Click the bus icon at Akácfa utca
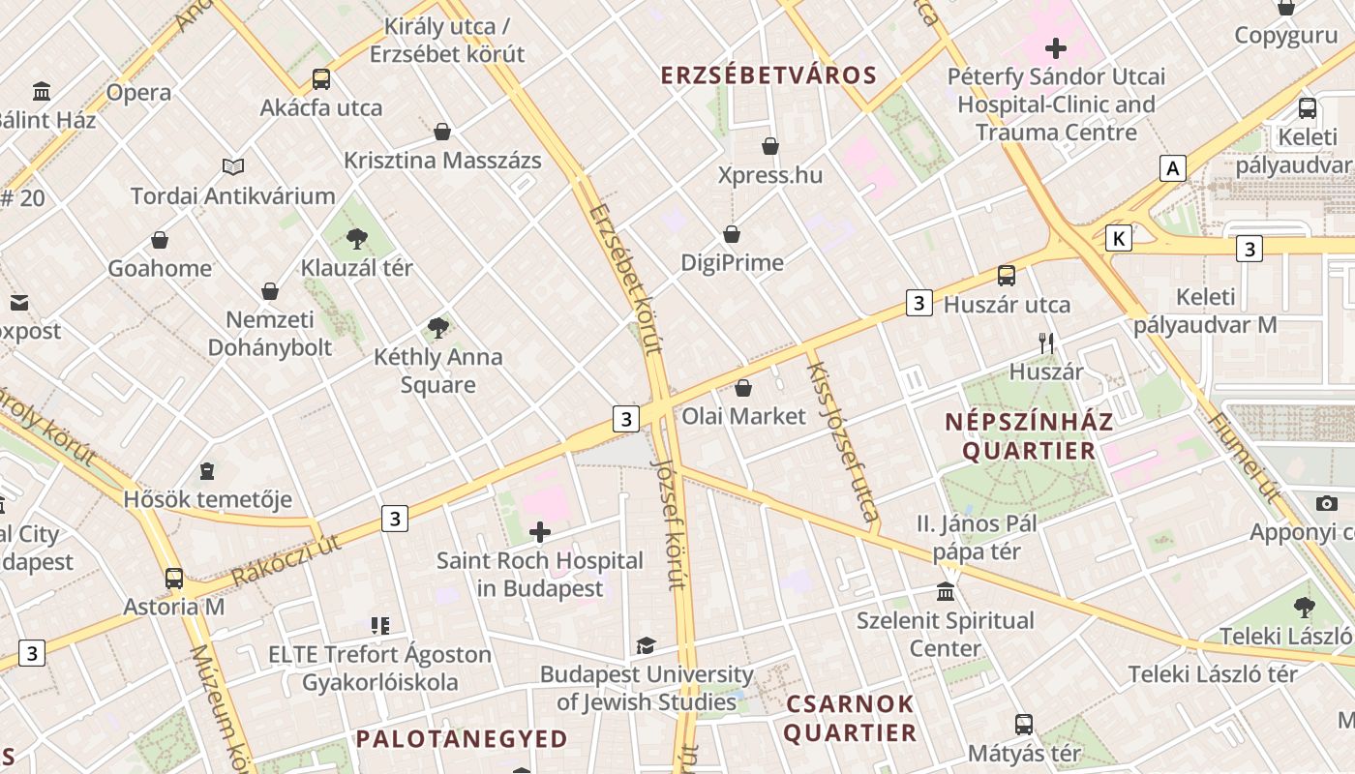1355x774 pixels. (x=320, y=79)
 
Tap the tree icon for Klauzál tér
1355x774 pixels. (x=357, y=238)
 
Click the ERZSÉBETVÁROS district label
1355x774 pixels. (x=768, y=75)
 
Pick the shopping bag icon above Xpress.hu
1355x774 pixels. (x=770, y=146)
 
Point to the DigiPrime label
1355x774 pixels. (x=732, y=262)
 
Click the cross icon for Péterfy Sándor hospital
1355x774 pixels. (x=1055, y=47)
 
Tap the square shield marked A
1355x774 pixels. (x=1173, y=168)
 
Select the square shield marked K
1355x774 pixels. (x=1119, y=238)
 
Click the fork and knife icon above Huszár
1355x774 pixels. (x=1045, y=342)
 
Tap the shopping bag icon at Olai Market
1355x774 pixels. (x=743, y=388)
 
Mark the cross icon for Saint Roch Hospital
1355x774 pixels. (x=540, y=531)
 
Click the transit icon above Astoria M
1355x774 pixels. (x=174, y=579)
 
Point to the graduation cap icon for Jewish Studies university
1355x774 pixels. (x=646, y=645)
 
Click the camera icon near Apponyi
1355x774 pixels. (x=1327, y=503)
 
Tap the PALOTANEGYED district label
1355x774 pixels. (x=462, y=739)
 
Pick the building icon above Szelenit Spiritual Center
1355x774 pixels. (x=946, y=591)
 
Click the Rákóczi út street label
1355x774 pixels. (x=286, y=561)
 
